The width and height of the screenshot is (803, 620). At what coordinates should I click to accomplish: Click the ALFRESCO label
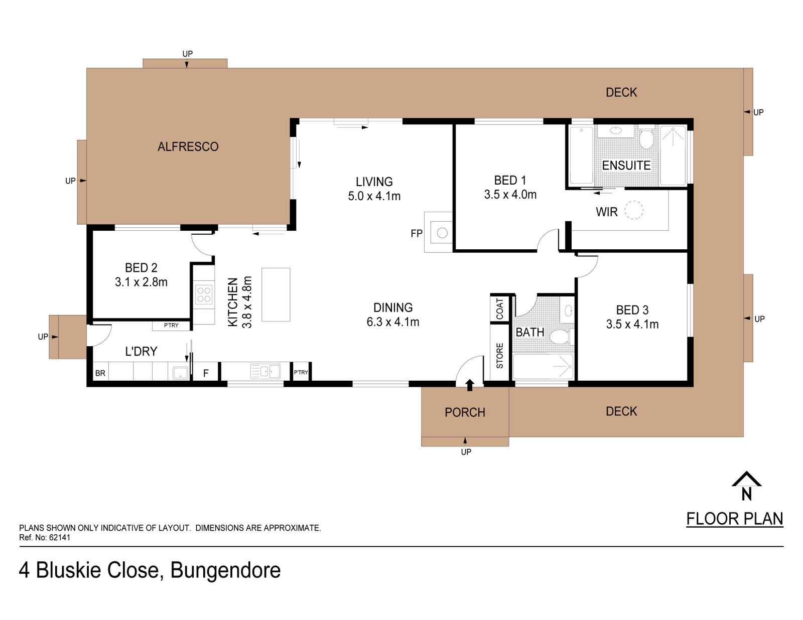188,146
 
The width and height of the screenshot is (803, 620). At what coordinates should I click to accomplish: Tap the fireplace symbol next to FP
442,233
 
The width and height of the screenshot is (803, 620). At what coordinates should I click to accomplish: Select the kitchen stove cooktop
204,294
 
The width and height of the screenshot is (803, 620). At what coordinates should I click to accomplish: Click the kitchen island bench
276,294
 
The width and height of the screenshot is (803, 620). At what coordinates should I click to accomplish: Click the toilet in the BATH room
561,337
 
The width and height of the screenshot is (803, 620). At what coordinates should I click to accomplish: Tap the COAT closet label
499,308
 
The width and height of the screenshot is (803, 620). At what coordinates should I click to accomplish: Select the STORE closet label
499,356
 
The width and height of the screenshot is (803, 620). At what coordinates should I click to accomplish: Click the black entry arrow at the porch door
470,385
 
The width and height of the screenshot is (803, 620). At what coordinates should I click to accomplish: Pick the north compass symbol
746,486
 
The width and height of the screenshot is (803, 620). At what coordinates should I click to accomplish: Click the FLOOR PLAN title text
735,519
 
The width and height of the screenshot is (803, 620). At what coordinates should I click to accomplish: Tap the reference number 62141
60,538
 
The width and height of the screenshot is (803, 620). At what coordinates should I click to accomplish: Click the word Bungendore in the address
225,570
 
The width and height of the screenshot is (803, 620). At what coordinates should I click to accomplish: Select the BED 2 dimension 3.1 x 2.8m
141,282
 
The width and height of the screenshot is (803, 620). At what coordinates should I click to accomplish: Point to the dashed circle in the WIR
634,210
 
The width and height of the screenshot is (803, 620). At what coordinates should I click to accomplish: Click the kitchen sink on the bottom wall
265,371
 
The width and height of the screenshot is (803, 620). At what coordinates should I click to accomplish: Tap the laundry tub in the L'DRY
180,373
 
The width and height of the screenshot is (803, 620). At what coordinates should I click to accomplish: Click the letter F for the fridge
206,373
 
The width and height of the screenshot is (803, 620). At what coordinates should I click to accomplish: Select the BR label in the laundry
100,373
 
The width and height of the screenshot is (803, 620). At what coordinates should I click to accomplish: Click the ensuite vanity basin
616,130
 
